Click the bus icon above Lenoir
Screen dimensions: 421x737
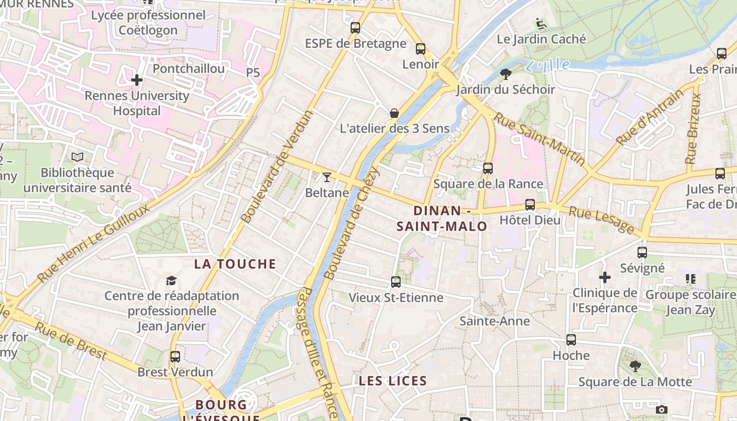(420, 49)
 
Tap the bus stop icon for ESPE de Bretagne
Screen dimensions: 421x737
(355, 28)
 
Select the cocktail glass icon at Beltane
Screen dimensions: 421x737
(327, 177)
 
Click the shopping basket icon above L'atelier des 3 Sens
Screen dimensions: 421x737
(394, 113)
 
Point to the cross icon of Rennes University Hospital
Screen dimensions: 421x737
(137, 80)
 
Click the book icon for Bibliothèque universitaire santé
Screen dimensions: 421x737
(77, 157)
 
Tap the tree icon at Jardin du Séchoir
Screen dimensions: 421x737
(506, 74)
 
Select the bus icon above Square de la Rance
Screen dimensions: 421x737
(488, 168)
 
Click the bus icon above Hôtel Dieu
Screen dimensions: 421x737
(530, 205)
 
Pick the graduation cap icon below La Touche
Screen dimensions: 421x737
(171, 280)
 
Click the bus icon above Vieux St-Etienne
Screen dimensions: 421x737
(396, 282)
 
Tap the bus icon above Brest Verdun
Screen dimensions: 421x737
(175, 357)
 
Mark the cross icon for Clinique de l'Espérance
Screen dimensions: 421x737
(605, 277)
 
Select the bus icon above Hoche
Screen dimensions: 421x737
(571, 340)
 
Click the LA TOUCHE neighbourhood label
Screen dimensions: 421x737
(235, 264)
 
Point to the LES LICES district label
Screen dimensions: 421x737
(393, 381)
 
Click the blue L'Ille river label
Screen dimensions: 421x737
(547, 65)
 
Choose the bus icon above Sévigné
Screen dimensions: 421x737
(642, 253)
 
